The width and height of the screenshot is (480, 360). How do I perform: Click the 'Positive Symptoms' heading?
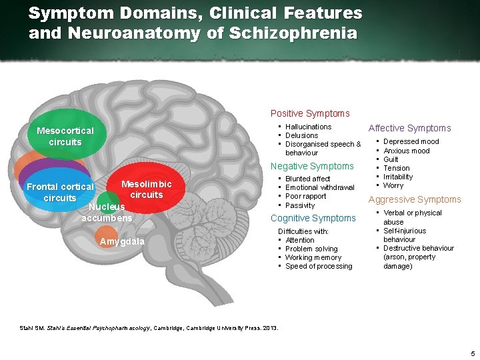click(309, 114)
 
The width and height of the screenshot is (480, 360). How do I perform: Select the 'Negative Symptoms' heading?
click(311, 166)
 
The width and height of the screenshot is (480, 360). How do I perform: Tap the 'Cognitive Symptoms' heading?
click(313, 218)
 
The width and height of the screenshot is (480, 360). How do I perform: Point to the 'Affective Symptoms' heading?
click(409, 128)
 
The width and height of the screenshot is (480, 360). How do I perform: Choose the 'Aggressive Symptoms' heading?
click(415, 199)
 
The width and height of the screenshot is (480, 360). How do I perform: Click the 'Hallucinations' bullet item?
click(308, 127)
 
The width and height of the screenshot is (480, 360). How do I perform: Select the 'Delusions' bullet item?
click(301, 135)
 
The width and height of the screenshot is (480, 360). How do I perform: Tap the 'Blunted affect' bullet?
click(307, 179)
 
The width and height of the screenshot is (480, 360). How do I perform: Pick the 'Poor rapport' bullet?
click(305, 197)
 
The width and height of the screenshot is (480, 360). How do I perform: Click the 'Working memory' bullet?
click(313, 257)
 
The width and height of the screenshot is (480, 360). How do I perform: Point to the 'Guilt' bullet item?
click(391, 159)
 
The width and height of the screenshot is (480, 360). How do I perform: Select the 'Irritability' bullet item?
click(398, 177)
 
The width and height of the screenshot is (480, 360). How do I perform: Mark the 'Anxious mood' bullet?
click(406, 151)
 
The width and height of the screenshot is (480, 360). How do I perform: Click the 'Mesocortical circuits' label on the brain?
click(65, 136)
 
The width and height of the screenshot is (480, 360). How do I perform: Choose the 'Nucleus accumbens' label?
click(107, 213)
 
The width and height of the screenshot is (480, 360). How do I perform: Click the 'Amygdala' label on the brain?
click(121, 241)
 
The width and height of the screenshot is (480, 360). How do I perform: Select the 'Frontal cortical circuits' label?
click(60, 193)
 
